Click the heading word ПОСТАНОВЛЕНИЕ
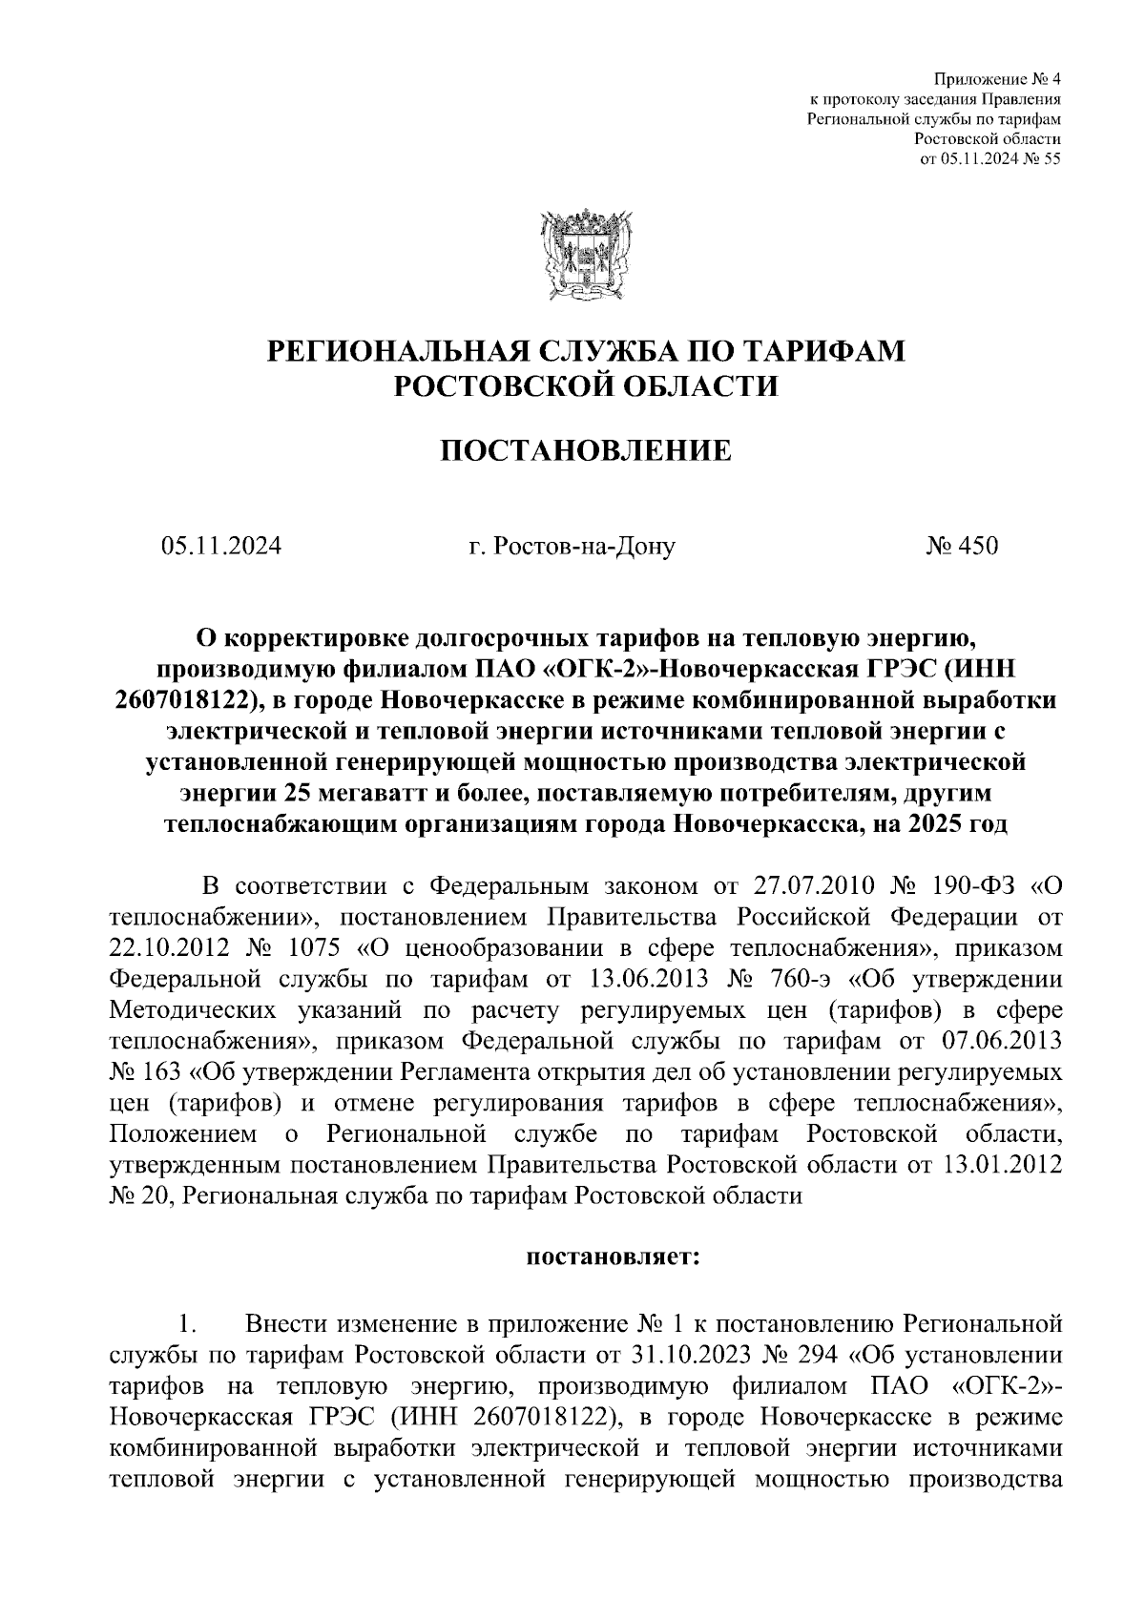[x=585, y=449]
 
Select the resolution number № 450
[x=961, y=547]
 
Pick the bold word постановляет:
[x=613, y=1257]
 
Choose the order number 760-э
[x=796, y=980]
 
